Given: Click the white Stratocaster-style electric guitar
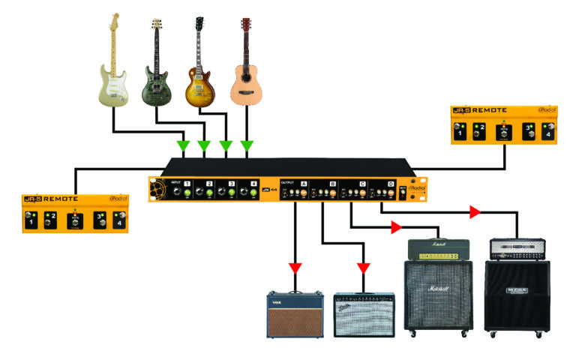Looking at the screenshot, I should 114,64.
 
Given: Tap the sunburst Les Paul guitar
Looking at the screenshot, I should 199,71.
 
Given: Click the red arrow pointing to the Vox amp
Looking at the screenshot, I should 295,268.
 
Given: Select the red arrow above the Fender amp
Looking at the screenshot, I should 364,268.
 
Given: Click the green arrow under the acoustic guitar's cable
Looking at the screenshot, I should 247,145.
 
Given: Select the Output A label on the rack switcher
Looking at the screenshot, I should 304,183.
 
